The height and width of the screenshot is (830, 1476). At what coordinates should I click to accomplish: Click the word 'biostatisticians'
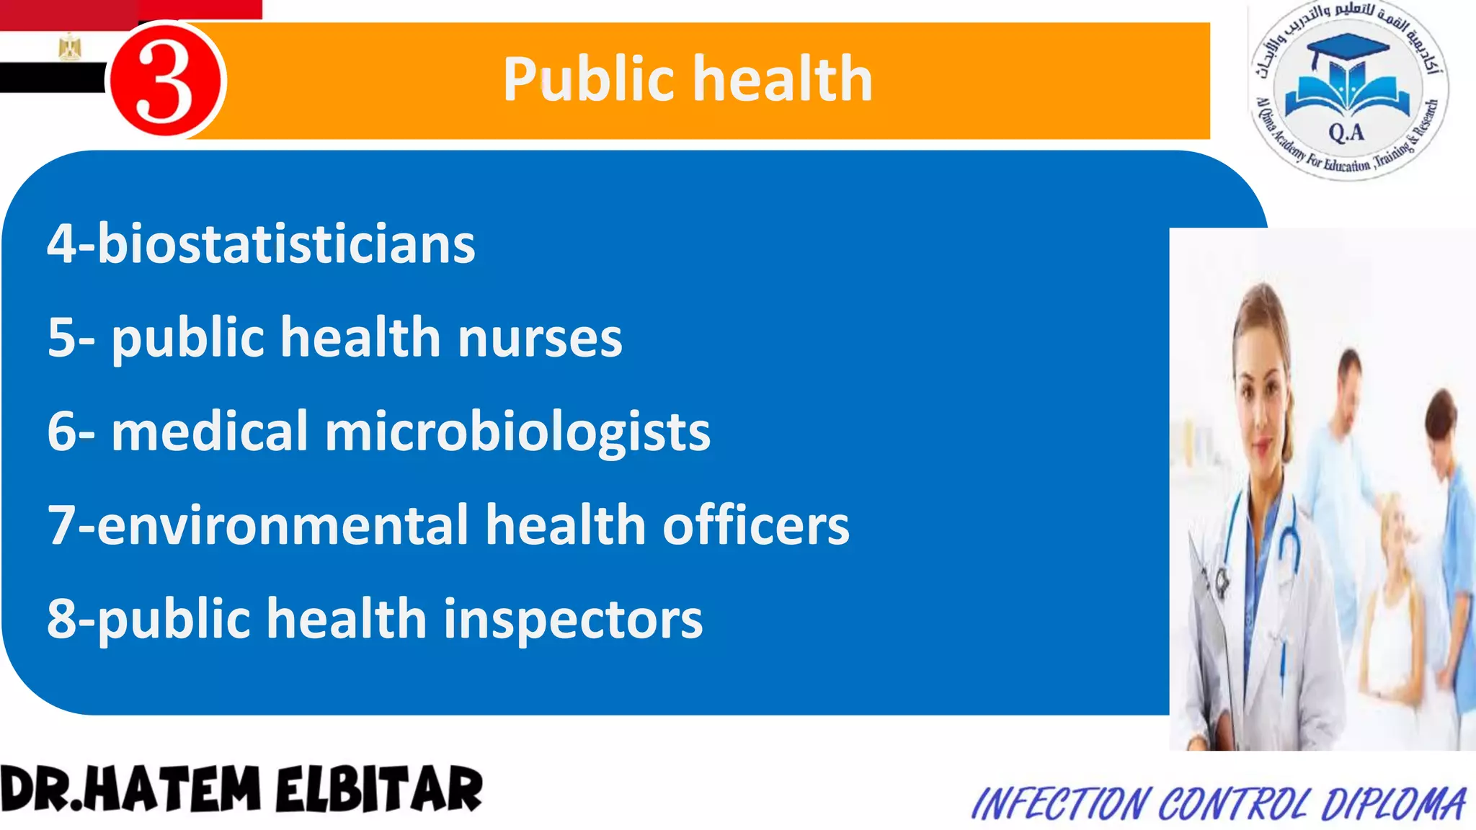[x=286, y=244]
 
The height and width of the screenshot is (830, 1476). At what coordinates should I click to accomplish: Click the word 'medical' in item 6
[x=210, y=432]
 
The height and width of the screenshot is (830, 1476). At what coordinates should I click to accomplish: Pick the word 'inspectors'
[x=572, y=619]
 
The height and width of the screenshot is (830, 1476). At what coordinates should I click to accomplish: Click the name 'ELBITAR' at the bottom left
[x=379, y=790]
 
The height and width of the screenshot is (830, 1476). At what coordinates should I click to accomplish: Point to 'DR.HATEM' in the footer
[x=130, y=790]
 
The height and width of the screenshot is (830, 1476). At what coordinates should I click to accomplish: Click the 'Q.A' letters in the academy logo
[x=1346, y=133]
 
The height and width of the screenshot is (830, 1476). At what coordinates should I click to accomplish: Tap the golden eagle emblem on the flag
[x=70, y=48]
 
